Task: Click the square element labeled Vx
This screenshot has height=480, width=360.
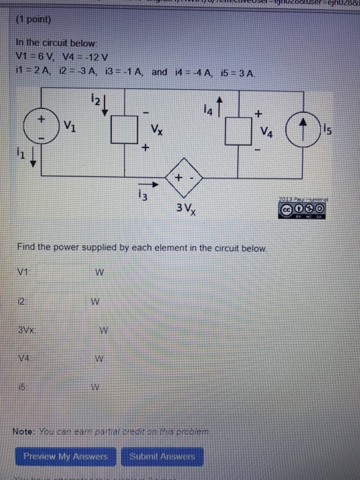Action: tap(126, 130)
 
